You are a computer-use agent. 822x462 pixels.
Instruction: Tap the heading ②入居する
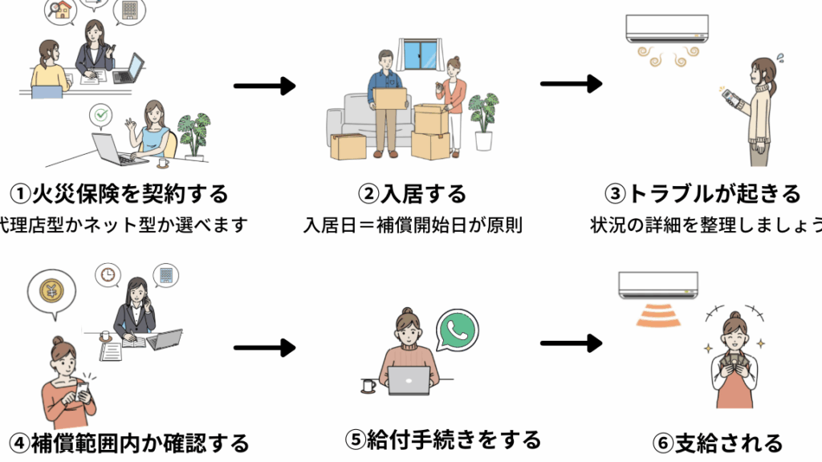[x=413, y=193]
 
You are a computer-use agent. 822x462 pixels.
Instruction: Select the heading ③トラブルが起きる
[x=704, y=193]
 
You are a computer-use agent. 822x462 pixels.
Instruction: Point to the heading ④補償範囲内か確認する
[x=128, y=442]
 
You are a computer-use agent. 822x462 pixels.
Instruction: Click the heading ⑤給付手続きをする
[x=443, y=439]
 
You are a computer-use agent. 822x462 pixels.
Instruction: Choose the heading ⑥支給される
[x=717, y=442]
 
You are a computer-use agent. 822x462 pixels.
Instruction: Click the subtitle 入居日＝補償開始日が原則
[x=413, y=225]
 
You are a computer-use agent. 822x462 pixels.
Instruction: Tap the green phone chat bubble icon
[x=458, y=329]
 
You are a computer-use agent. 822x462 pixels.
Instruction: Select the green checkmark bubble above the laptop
[x=100, y=116]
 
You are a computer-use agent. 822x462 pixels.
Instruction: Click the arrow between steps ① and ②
[x=265, y=87]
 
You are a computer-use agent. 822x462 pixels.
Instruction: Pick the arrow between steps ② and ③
[x=571, y=83]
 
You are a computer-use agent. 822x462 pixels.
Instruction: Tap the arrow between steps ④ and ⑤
[x=265, y=348]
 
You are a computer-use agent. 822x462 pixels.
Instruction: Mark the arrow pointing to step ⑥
[x=571, y=343]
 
